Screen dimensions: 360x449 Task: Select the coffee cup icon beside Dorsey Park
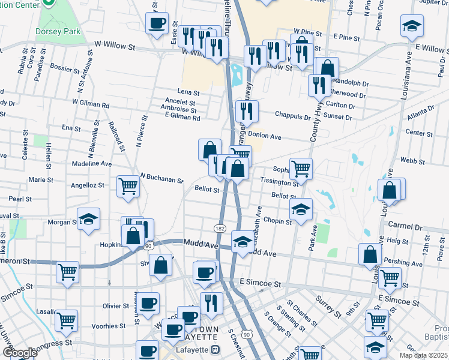(x=157, y=24)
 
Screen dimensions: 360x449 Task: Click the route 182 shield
(x=220, y=229)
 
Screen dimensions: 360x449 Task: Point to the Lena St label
(x=188, y=92)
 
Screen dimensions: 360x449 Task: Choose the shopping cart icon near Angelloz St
(x=128, y=186)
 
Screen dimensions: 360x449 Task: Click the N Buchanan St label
(x=161, y=178)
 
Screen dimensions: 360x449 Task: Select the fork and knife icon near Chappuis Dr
(x=247, y=111)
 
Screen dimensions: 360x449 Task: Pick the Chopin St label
(x=277, y=221)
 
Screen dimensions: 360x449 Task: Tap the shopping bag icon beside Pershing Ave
(x=370, y=254)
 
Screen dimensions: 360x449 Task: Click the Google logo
(x=19, y=353)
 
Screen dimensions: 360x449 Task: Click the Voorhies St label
(x=105, y=326)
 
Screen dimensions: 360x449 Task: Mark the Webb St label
(x=412, y=161)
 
